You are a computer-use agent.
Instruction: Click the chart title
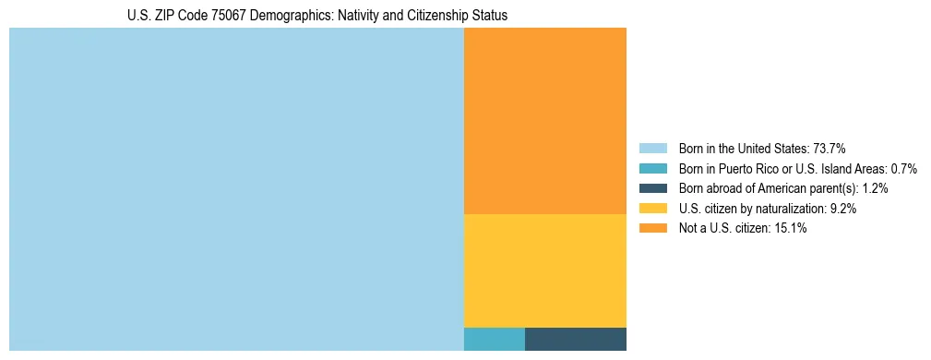click(x=316, y=16)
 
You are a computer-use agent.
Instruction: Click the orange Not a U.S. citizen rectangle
click(x=544, y=121)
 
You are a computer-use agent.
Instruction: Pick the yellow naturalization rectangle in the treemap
click(x=544, y=270)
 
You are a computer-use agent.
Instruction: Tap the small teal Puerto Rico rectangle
click(x=494, y=339)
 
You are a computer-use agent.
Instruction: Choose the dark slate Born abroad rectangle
click(x=575, y=339)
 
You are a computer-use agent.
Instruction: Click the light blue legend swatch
click(x=653, y=148)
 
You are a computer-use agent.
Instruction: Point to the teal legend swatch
click(x=653, y=168)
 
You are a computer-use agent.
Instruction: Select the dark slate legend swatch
click(x=653, y=188)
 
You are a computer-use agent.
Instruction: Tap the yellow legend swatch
click(x=653, y=209)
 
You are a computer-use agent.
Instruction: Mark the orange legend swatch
click(x=653, y=228)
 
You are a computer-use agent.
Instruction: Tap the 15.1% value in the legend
click(x=791, y=228)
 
